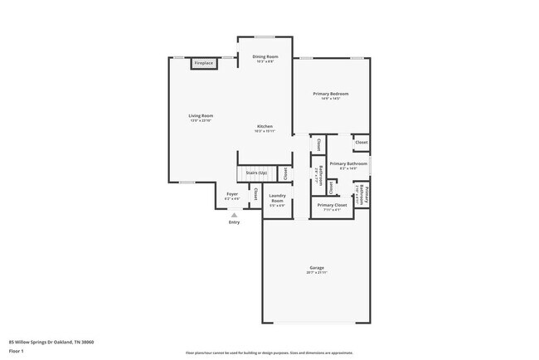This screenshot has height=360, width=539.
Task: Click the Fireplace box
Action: (x=203, y=63)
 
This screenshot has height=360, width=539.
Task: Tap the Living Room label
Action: (x=201, y=115)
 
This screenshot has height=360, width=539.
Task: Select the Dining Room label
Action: (x=264, y=56)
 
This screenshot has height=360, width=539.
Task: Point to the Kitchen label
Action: (x=264, y=126)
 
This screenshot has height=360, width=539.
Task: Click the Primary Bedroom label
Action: (x=330, y=94)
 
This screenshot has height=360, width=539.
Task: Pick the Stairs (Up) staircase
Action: (x=256, y=173)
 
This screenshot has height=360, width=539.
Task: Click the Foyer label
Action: (x=232, y=194)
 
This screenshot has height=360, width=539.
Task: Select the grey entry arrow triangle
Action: (x=234, y=214)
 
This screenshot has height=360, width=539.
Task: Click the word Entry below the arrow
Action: (x=234, y=221)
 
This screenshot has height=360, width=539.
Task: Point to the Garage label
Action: (x=317, y=267)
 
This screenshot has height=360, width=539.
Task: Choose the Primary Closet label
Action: (x=332, y=204)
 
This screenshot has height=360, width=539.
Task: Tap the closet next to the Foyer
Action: (x=255, y=197)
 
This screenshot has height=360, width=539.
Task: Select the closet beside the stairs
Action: (x=285, y=173)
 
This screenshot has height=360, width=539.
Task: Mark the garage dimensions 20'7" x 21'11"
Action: (x=317, y=272)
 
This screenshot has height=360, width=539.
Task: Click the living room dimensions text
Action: (x=201, y=120)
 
